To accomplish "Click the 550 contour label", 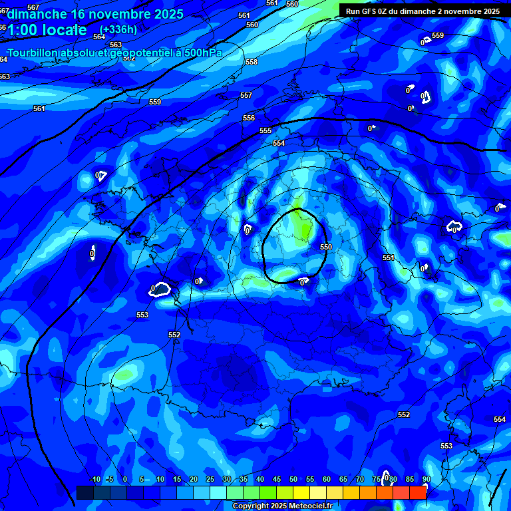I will [x=325, y=247].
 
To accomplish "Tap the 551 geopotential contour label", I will [x=389, y=257].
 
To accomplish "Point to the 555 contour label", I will [x=265, y=131].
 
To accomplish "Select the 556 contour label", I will [x=249, y=118].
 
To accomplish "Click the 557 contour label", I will [x=246, y=95].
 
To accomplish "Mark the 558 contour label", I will [x=252, y=62].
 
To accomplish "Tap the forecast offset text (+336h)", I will [x=118, y=29].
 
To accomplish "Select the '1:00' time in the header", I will [x=24, y=30].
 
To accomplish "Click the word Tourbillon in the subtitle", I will [x=36, y=53].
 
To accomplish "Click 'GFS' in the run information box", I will [x=371, y=11].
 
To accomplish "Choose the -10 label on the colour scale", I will [x=94, y=479].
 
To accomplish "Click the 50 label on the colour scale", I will [x=293, y=479].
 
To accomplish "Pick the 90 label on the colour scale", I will [x=426, y=479].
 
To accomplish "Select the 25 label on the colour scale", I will [x=210, y=479].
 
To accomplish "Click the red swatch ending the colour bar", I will [x=418, y=492].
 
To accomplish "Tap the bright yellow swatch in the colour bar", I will [x=301, y=492].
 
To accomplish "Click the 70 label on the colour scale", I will [x=360, y=479].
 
